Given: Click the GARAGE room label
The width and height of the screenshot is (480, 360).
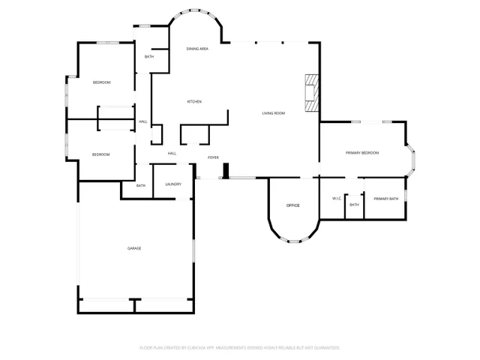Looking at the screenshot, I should click(x=134, y=248).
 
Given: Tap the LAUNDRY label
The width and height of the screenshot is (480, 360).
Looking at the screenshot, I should click(x=173, y=184).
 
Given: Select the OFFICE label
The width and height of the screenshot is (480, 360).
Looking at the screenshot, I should click(x=293, y=205).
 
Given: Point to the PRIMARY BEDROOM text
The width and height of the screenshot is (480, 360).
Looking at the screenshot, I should click(x=362, y=153).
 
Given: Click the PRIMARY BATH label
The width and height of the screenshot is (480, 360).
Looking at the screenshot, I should click(x=385, y=199).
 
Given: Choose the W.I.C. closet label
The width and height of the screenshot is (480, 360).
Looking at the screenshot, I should click(x=337, y=198).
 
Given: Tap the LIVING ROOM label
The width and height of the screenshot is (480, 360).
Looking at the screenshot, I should click(x=273, y=113).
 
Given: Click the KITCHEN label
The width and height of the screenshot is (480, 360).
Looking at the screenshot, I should click(x=195, y=101).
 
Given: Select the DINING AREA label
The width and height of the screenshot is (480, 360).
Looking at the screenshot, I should click(x=197, y=49).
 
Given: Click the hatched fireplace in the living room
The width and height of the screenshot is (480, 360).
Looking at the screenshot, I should click(x=310, y=93).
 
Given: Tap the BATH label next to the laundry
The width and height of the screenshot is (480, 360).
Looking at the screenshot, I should click(x=141, y=185).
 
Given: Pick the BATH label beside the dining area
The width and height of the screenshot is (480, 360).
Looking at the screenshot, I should click(x=149, y=57).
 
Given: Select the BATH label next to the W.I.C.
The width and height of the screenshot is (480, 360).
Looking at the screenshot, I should click(x=354, y=204).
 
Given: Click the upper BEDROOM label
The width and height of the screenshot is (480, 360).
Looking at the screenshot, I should click(x=102, y=82).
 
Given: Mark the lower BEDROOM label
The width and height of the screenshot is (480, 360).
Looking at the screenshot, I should click(x=101, y=154).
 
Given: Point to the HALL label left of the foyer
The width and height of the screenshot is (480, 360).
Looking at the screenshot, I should click(x=172, y=154).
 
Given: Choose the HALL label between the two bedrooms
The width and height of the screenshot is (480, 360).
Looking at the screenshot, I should click(x=142, y=122).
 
